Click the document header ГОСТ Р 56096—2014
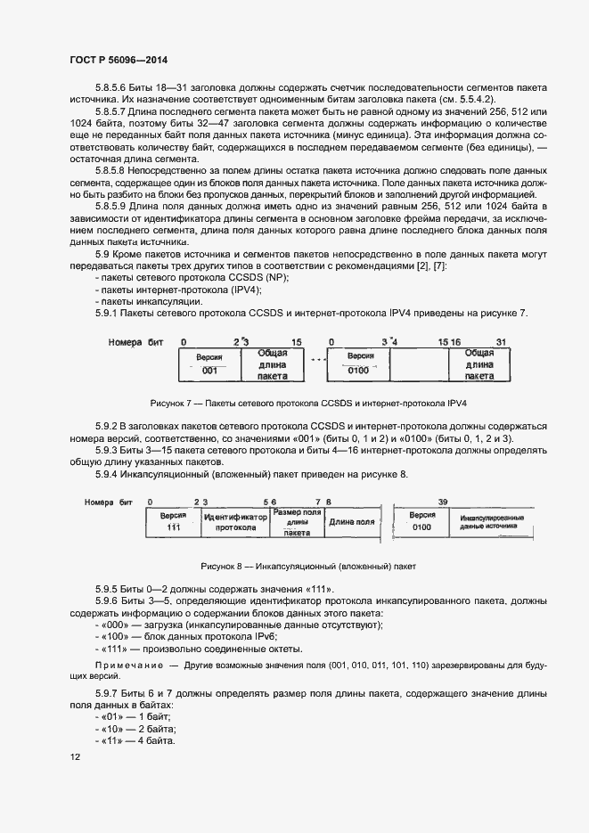[118, 61]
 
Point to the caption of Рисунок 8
[308, 567]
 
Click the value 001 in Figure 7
[209, 370]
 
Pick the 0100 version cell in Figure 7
[358, 370]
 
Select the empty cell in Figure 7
[419, 364]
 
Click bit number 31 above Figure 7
[501, 341]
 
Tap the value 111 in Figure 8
[173, 527]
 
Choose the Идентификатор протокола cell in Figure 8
[235, 522]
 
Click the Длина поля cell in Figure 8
[351, 522]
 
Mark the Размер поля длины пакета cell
[297, 522]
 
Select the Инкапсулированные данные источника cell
[492, 522]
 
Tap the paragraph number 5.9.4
[110, 474]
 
